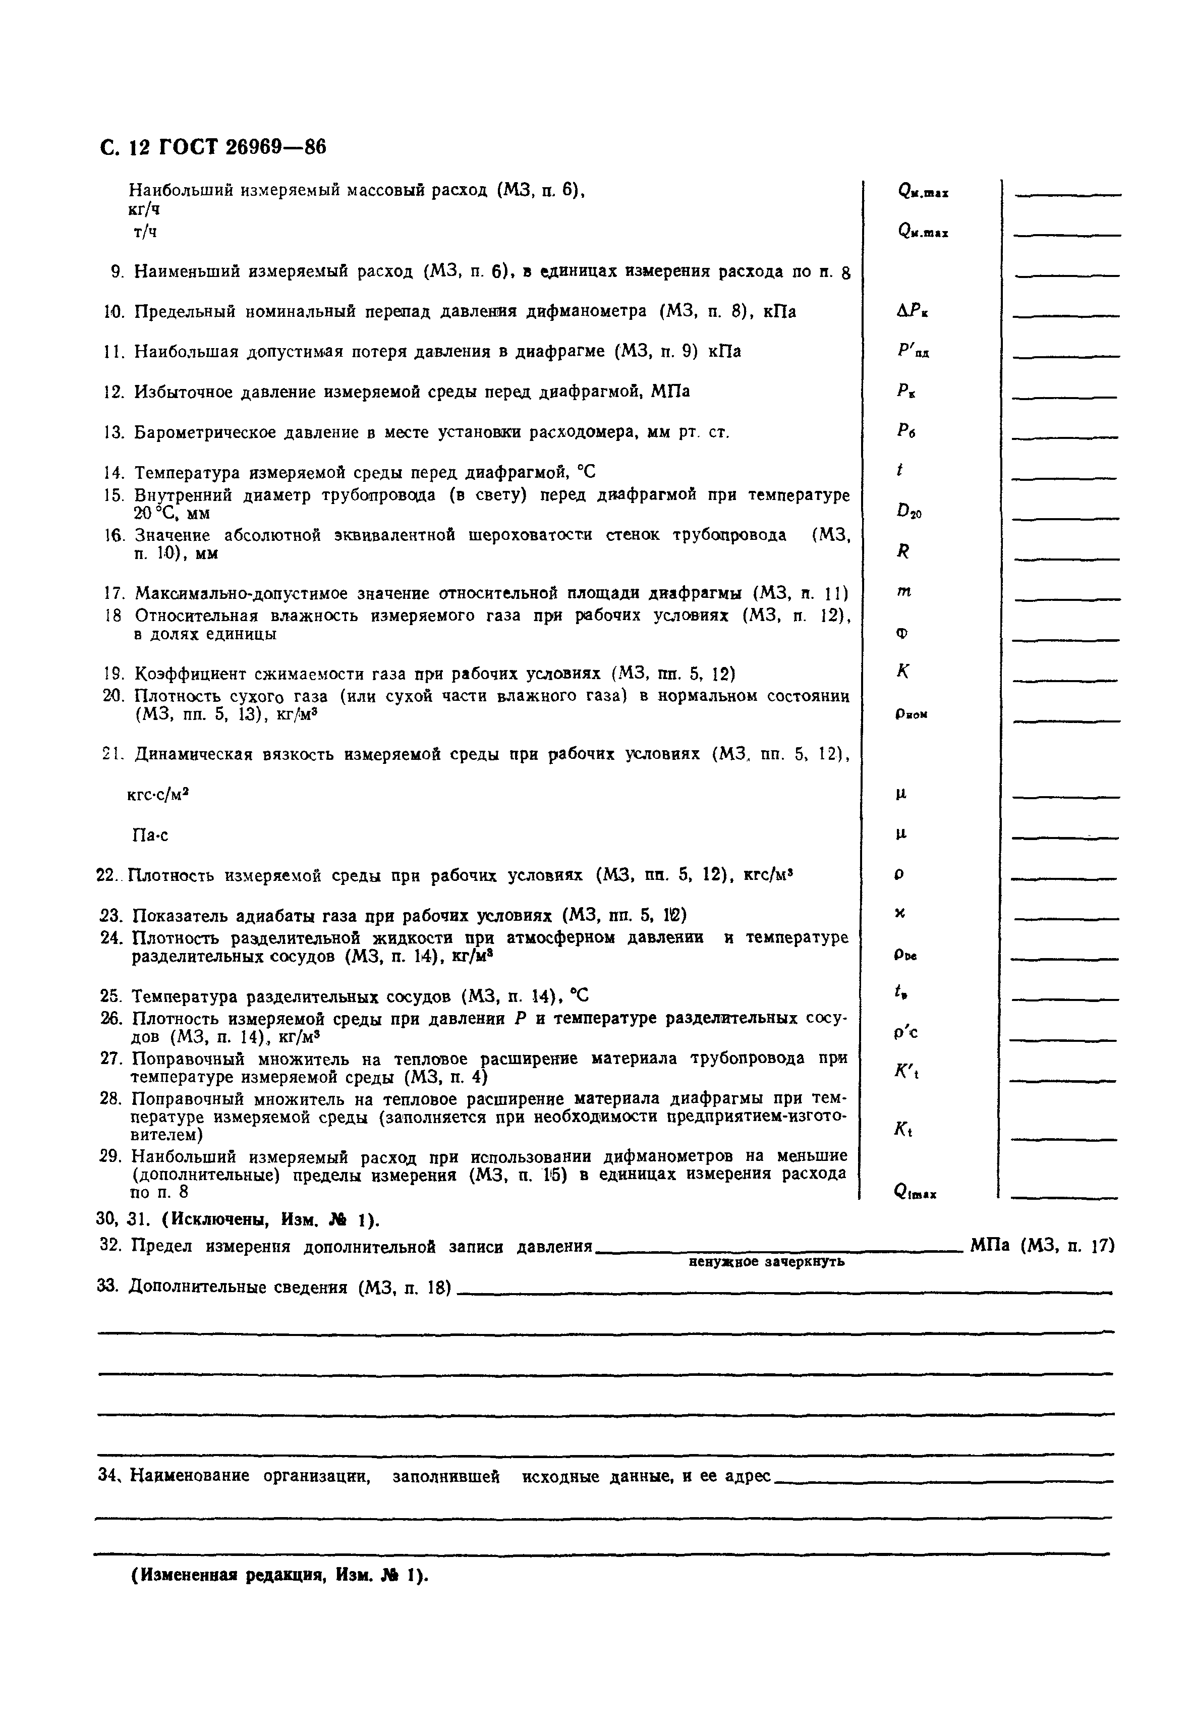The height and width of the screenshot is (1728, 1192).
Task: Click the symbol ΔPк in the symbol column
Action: pos(912,311)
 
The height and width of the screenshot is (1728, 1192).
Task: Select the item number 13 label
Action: pos(113,432)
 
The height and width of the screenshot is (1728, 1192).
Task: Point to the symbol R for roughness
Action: pos(903,551)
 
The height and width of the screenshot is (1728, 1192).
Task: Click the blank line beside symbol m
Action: pos(1066,598)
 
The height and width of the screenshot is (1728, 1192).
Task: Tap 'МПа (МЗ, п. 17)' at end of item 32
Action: pos(1042,1245)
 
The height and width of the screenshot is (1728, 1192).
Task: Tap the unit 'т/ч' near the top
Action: pos(145,232)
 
